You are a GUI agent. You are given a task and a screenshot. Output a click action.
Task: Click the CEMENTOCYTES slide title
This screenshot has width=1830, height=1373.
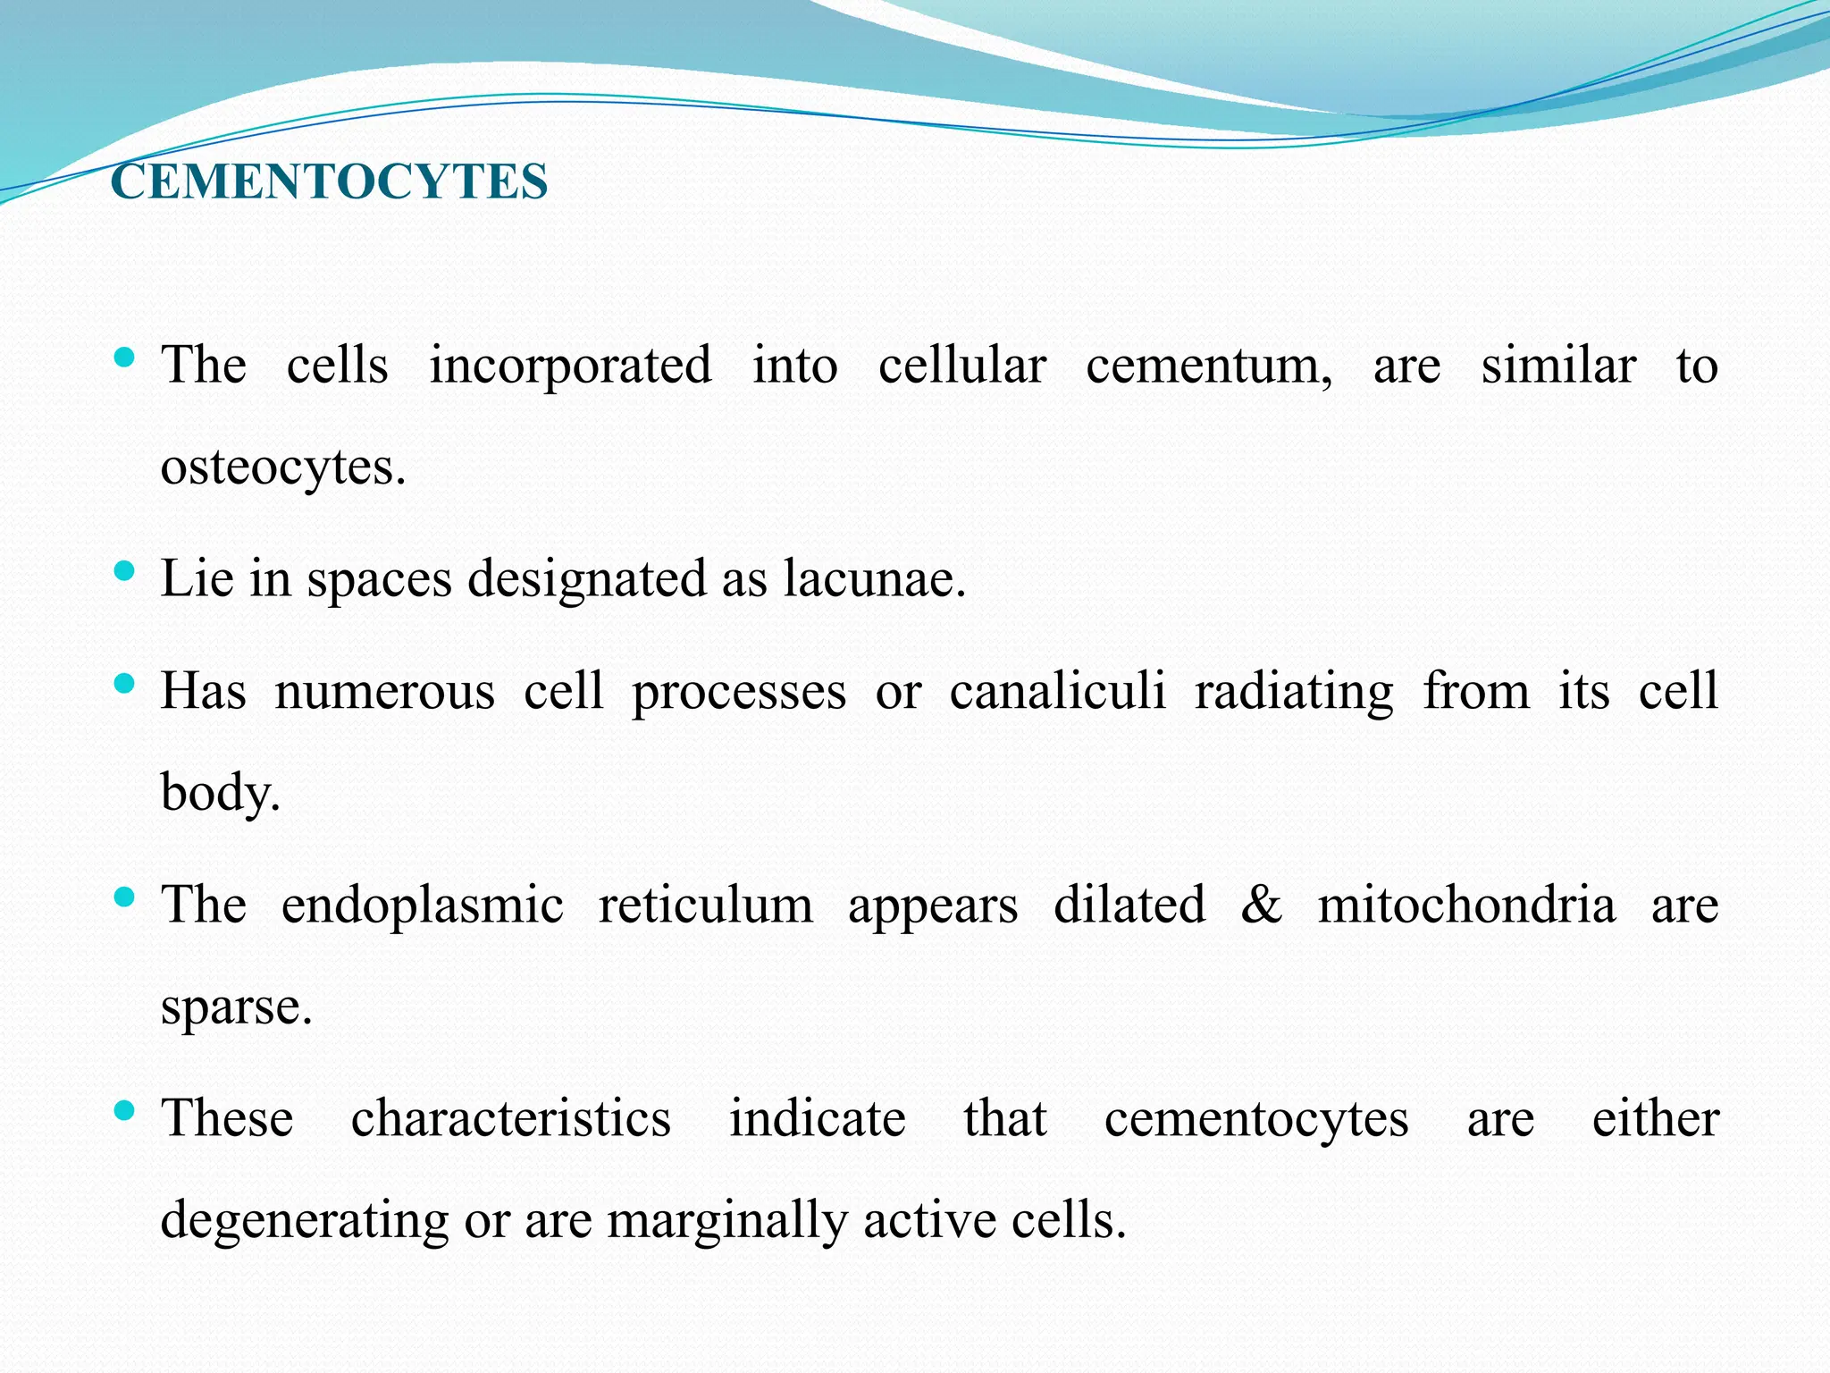(x=329, y=181)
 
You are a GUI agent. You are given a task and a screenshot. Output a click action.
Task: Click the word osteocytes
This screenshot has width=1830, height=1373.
(x=282, y=467)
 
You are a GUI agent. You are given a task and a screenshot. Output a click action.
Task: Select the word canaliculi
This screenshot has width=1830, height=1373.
(x=1057, y=691)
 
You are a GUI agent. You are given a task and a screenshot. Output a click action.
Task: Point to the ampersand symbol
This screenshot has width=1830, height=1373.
(x=1261, y=904)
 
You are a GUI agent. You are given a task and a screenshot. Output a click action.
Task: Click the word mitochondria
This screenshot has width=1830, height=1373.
(x=1466, y=904)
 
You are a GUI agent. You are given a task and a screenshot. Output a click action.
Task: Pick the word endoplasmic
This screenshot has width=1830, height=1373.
(x=422, y=906)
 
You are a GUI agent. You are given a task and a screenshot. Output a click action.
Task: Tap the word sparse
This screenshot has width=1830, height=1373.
(x=236, y=1007)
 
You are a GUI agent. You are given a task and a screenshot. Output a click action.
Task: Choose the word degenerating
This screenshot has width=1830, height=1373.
(x=304, y=1221)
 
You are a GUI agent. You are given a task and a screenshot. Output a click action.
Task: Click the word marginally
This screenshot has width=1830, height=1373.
(x=726, y=1221)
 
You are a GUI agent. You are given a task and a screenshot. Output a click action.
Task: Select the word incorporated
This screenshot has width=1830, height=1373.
(x=570, y=366)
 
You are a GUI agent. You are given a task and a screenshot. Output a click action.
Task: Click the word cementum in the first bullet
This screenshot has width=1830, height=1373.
(x=1208, y=366)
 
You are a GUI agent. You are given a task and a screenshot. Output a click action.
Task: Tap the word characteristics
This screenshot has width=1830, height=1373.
(x=510, y=1118)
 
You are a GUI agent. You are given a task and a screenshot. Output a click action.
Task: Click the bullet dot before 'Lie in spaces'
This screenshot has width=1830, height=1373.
(x=125, y=570)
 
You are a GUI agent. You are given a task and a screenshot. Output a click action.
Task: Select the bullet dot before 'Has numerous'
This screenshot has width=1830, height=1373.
(x=125, y=685)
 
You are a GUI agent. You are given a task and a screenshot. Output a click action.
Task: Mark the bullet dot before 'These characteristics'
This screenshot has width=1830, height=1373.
(x=125, y=1111)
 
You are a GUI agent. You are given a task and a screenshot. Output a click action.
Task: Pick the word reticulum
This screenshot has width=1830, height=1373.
(x=705, y=904)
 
